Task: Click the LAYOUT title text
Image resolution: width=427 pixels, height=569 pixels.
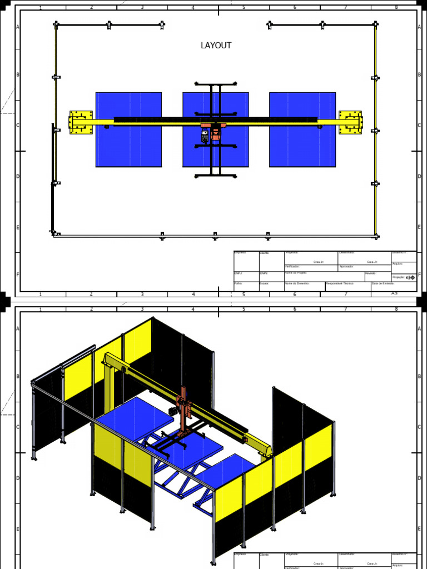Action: coord(216,46)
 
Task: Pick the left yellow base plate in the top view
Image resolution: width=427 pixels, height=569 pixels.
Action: coord(81,122)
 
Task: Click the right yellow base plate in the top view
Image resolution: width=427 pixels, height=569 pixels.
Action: coord(350,122)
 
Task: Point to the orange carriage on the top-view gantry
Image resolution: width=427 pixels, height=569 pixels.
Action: coord(211,129)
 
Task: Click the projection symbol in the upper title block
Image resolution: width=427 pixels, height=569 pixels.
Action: coord(410,277)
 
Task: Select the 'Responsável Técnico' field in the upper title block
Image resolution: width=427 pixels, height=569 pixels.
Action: coord(347,286)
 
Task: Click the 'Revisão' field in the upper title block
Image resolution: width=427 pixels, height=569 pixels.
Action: coord(378,276)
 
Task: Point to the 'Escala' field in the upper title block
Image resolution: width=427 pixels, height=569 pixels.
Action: coord(271,286)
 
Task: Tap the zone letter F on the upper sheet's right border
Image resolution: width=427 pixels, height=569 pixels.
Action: coord(419,274)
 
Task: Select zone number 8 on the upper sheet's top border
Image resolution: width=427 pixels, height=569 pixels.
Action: coord(396,8)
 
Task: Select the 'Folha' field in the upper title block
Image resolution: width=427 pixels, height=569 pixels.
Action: coord(246,286)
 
